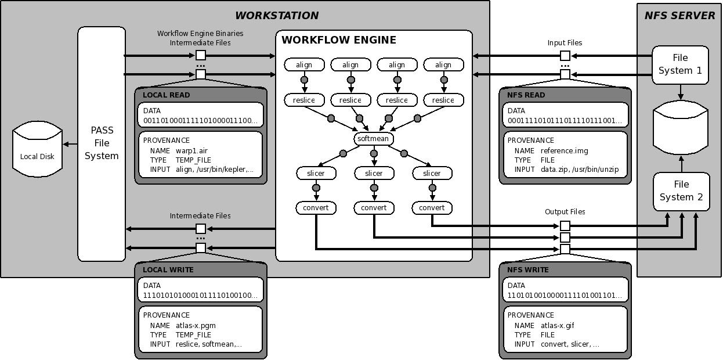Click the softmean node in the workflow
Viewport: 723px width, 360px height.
[x=374, y=139]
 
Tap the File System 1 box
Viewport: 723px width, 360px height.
[x=680, y=64]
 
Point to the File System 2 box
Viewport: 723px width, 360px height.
[x=681, y=191]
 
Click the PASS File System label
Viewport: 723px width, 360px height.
[x=102, y=143]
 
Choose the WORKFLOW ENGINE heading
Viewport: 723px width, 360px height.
[x=339, y=40]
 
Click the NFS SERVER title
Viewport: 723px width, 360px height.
[x=679, y=16]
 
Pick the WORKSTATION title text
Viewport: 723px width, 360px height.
[x=277, y=16]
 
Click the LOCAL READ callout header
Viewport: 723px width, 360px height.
[x=166, y=95]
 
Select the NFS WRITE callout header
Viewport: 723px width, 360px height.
[x=527, y=270]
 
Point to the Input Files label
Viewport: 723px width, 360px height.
[x=565, y=43]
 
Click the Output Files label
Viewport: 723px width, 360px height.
[x=565, y=212]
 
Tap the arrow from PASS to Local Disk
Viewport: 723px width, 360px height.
[x=70, y=144]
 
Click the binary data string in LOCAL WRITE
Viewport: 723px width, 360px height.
[x=200, y=296]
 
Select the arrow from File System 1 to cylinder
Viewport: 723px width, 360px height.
[x=681, y=91]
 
